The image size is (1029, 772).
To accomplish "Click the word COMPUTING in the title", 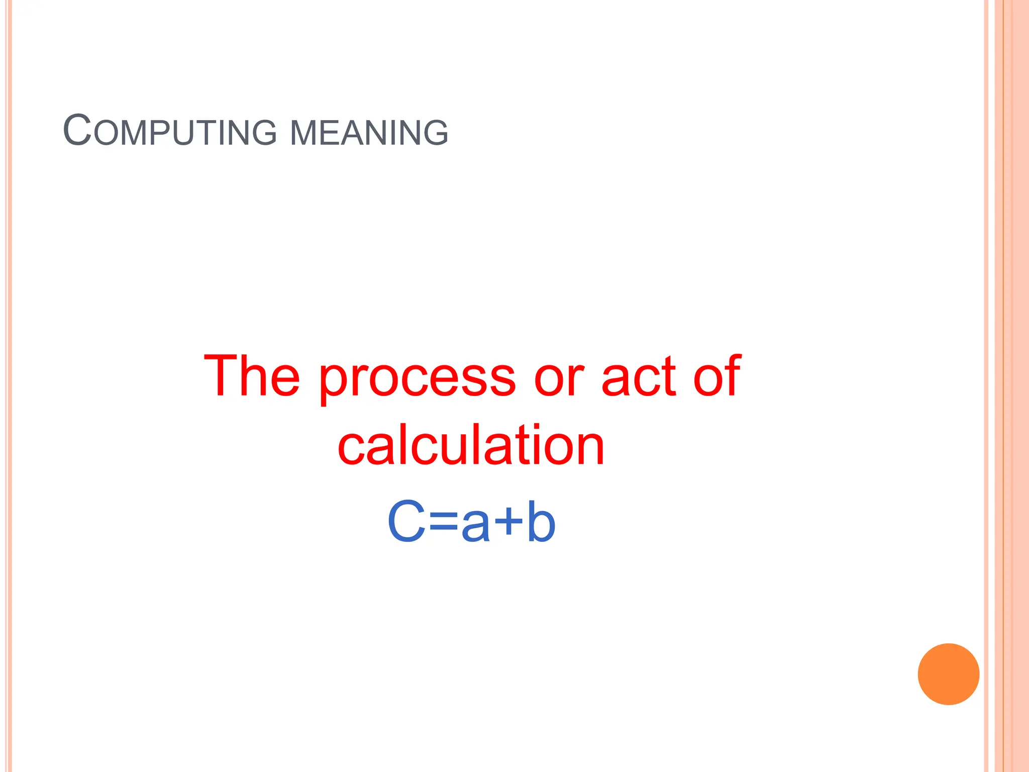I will pos(170,132).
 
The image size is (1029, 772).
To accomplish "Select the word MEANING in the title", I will pos(369,133).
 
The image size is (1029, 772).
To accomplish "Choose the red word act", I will pos(639,377).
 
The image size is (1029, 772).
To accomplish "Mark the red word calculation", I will pos(471,445).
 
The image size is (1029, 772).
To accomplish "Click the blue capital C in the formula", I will pos(406,522).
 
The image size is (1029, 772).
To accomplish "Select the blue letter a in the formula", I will pos(475,526).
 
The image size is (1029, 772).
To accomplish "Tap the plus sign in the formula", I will pos(508,523).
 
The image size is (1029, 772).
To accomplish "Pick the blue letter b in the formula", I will pos(541,522).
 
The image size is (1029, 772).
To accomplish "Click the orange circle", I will pos(948,674).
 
